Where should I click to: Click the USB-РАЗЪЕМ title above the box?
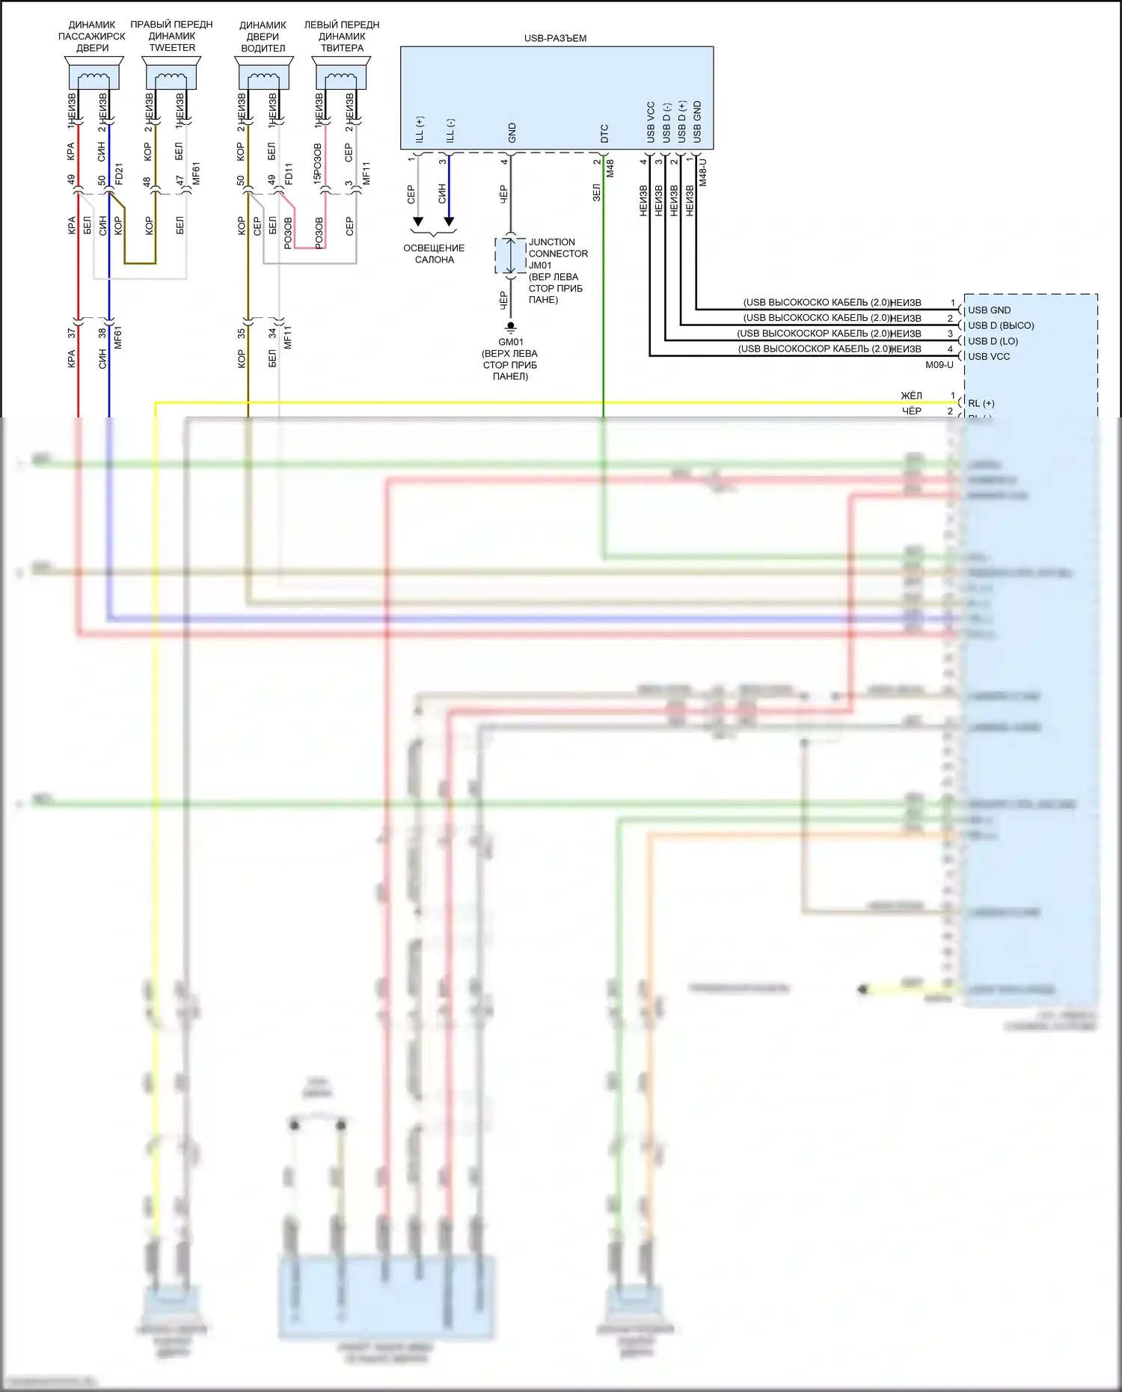555,38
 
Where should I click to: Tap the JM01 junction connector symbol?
510,257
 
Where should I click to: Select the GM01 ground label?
511,342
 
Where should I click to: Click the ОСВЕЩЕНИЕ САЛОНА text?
434,254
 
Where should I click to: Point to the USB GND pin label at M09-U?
989,310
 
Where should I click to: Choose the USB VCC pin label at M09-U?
989,356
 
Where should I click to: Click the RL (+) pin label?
981,403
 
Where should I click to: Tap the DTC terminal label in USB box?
604,134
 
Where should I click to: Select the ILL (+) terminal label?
420,129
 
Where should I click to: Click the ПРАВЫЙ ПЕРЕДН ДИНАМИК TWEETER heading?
172,36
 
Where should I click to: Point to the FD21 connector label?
119,174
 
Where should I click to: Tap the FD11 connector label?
289,174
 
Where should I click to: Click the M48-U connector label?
702,172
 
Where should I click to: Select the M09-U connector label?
939,365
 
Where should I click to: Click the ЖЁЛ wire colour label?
911,396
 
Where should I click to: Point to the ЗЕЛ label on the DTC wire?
596,192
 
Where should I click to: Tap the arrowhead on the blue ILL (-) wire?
449,221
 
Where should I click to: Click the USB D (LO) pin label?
993,341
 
